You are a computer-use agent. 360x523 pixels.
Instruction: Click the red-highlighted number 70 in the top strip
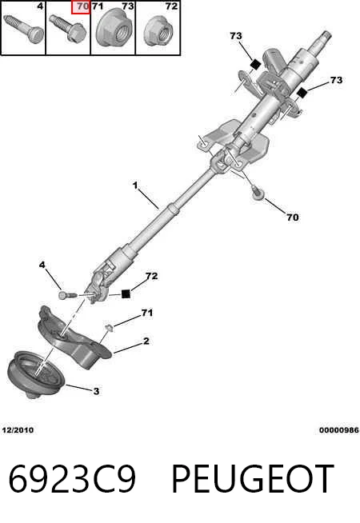coord(83,6)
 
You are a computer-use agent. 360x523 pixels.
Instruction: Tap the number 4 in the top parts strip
coord(40,6)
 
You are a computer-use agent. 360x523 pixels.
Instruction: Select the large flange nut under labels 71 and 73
coord(113,29)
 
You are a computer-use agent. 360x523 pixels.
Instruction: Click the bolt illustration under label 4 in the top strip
coord(23,29)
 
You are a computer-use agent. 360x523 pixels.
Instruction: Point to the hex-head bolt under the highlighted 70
coord(68,28)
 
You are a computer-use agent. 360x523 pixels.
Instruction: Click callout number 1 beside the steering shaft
coord(135,185)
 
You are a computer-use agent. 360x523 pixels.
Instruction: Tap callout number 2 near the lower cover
coord(146,341)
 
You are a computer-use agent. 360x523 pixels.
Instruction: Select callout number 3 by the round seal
coord(96,390)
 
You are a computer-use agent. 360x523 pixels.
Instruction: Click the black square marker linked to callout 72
coord(126,293)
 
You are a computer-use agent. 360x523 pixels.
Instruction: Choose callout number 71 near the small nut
coord(147,313)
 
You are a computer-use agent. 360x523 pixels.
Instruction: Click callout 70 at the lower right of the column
coord(293,218)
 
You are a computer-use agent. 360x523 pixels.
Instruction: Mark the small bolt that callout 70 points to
coord(258,194)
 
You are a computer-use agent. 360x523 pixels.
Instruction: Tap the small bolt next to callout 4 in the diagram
coord(67,295)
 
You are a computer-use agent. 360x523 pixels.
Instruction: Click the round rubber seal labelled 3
coord(36,374)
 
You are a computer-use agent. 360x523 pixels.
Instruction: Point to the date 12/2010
coord(18,430)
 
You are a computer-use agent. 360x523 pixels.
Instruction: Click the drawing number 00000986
coord(339,430)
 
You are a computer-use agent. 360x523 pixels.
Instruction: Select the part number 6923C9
coord(72,479)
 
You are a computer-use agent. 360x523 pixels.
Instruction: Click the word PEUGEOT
coord(253,479)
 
